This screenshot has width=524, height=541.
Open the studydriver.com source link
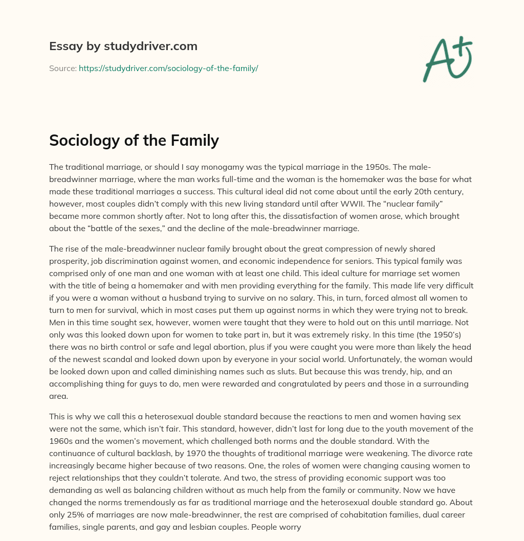click(168, 68)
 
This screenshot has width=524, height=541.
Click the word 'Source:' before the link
click(62, 68)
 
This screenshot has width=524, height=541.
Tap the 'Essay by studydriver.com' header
click(123, 46)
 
